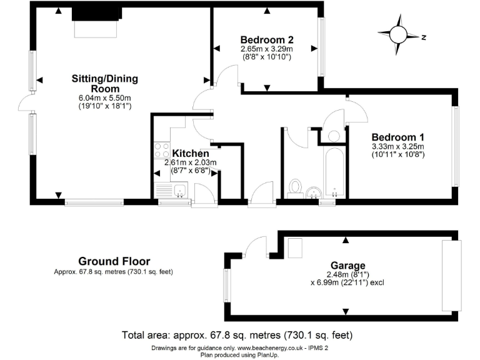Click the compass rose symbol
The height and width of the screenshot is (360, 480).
[397, 36]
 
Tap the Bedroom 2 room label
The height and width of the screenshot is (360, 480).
[267, 39]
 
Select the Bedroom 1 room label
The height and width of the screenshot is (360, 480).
[398, 137]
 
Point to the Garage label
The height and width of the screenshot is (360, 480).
[345, 264]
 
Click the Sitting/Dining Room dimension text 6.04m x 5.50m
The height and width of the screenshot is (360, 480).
[105, 97]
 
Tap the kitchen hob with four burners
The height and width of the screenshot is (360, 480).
[161, 151]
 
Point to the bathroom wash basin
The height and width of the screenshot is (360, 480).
[314, 191]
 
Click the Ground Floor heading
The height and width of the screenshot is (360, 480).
[114, 261]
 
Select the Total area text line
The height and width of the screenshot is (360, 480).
[240, 334]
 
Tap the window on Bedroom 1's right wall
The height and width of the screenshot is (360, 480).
[456, 146]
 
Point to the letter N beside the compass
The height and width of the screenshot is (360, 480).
[423, 37]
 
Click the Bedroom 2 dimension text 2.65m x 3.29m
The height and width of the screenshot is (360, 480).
[267, 48]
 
